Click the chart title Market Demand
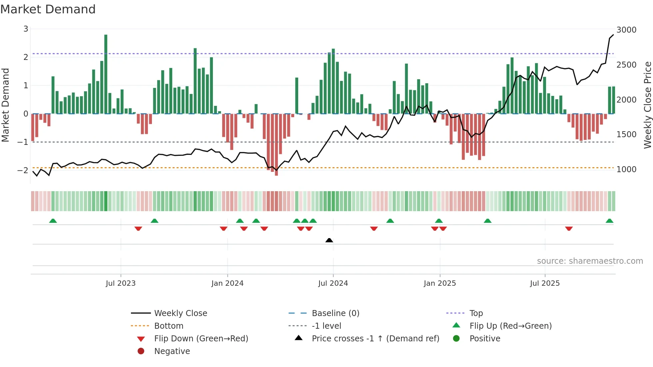[x=48, y=9]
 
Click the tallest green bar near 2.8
[x=106, y=74]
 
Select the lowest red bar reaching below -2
[x=276, y=145]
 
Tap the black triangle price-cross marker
[x=329, y=240]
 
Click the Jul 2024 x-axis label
[x=333, y=283]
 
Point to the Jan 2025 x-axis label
[x=440, y=283]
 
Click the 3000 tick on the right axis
[x=626, y=30]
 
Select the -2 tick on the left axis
[x=23, y=170]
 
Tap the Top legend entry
[x=476, y=313]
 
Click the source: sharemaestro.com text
[x=590, y=261]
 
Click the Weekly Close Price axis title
[x=647, y=105]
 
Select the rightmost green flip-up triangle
[x=609, y=221]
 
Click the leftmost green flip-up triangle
[x=53, y=221]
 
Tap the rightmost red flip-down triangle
[x=569, y=228]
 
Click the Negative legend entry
[x=172, y=351]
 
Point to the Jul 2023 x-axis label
[x=121, y=283]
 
